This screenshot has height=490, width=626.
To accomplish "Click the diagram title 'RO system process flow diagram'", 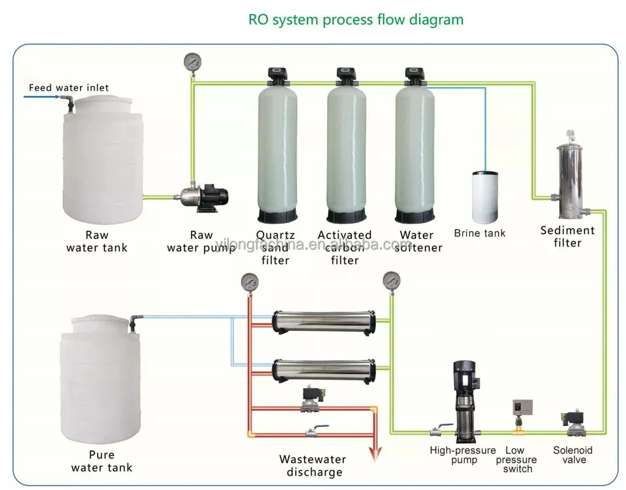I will (356, 20).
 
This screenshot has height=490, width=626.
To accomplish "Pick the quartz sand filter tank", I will (278, 149).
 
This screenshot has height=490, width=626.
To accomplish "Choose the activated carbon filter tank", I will (346, 149).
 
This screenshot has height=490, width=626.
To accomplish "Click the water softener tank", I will (415, 149).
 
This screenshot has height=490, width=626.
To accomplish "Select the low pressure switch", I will (519, 415).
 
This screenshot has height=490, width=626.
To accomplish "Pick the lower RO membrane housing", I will (323, 367).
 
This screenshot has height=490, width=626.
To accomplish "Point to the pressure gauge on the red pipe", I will (249, 282).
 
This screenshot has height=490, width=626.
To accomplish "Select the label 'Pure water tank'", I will (101, 461).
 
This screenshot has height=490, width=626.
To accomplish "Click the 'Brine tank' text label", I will (480, 233).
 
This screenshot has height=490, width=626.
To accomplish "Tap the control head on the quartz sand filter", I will (277, 75).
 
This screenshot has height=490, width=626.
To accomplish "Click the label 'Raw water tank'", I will (97, 241).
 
